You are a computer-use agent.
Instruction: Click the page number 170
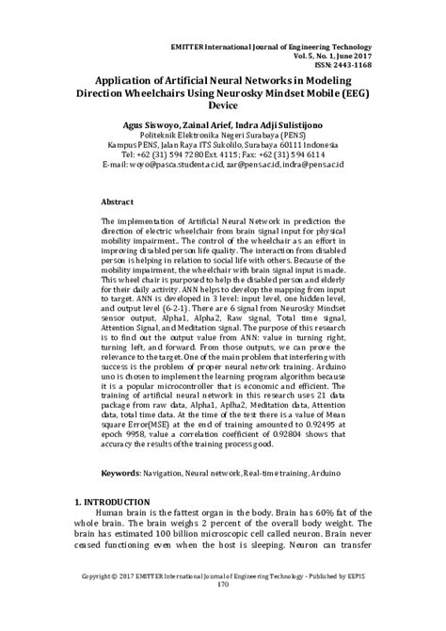point(223,611)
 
